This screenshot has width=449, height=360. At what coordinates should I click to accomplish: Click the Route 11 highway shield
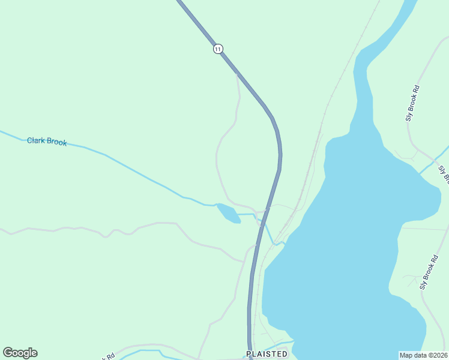click(x=218, y=49)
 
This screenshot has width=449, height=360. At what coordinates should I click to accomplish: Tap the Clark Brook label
click(x=47, y=142)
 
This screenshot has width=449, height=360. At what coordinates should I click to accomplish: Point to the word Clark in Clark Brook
click(x=36, y=141)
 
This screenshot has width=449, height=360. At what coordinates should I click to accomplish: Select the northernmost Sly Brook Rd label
click(x=412, y=103)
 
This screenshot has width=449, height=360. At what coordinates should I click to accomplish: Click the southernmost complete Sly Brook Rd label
click(x=429, y=272)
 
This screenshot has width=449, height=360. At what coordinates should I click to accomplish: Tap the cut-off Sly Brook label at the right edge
click(x=444, y=173)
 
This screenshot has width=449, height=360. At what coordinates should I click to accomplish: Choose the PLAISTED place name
click(x=267, y=354)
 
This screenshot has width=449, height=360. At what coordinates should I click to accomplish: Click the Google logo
click(x=20, y=353)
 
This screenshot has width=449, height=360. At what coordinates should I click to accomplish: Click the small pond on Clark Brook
click(x=228, y=213)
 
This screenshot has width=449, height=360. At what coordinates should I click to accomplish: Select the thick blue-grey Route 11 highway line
click(x=280, y=156)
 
